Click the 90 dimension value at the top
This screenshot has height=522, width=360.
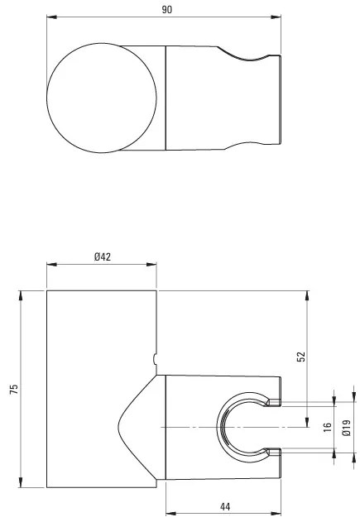[x=167, y=10]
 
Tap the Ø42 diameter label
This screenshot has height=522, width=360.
[x=102, y=256]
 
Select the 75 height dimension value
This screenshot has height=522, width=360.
[x=13, y=389]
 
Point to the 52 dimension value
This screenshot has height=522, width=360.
[x=301, y=357]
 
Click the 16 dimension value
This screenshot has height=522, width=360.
[x=328, y=427]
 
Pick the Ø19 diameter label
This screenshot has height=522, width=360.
[x=347, y=428]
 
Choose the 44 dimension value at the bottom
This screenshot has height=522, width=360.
[x=225, y=507]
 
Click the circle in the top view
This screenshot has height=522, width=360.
[x=47, y=98]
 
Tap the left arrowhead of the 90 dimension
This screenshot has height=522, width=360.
[x=51, y=17]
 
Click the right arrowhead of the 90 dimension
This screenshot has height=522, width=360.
[x=276, y=17]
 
